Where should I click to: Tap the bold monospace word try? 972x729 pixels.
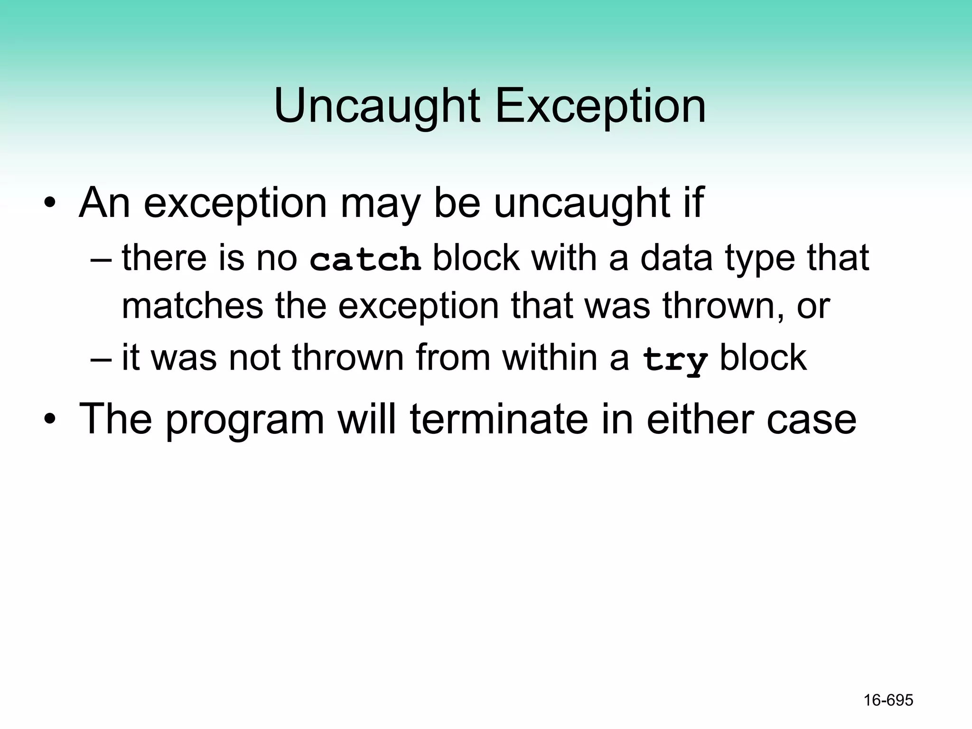674,360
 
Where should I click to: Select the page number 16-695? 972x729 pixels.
888,700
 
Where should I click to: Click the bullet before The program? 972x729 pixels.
50,420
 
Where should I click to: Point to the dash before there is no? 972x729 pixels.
101,259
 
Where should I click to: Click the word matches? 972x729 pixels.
192,306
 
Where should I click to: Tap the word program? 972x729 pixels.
245,420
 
